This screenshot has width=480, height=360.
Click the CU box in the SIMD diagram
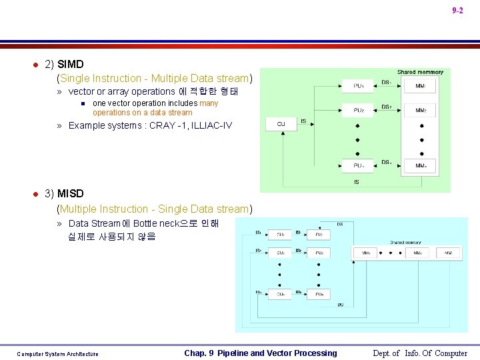pos(281,124)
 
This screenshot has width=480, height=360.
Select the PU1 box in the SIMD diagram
pos(359,86)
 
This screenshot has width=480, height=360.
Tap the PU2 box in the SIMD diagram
pos(359,111)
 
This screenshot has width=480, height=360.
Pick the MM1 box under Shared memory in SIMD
pos(421,86)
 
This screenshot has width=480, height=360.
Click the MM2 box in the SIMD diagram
pos(421,111)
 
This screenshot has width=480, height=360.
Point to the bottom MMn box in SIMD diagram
pos(421,165)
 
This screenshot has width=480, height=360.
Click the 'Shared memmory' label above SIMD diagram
pos(420,72)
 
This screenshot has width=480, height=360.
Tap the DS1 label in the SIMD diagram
pos(386,82)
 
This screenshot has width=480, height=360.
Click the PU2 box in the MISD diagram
pos(319,253)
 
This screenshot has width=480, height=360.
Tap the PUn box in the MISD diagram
pos(319,294)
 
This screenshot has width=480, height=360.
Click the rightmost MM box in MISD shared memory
pos(449,253)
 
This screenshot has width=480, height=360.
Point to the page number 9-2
pos(457,11)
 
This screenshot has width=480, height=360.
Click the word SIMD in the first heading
pos(71,65)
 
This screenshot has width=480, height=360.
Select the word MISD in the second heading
pos(71,194)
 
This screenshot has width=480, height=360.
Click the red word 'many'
pos(209,103)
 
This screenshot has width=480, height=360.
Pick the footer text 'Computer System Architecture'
pos(57,354)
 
